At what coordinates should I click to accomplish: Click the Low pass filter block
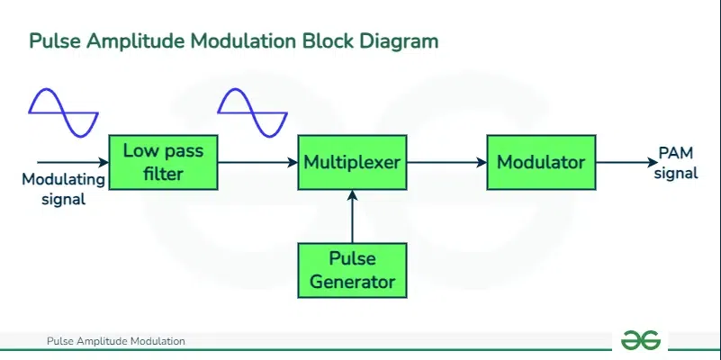(x=163, y=162)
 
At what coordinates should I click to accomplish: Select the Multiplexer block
(x=352, y=162)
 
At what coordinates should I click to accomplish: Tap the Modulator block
(x=541, y=162)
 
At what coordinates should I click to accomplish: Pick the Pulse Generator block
(x=352, y=271)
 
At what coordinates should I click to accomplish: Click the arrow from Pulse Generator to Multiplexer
(x=352, y=216)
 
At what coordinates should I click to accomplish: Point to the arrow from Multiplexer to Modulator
(x=446, y=162)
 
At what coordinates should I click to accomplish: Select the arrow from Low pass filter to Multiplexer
(x=257, y=162)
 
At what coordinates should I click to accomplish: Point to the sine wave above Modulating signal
(x=63, y=111)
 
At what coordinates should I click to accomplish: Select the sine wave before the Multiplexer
(x=253, y=111)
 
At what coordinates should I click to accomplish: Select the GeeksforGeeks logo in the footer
(x=640, y=340)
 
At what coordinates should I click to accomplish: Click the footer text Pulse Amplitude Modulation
(x=115, y=341)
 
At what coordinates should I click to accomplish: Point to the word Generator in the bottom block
(x=352, y=282)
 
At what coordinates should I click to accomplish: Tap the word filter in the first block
(x=163, y=173)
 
